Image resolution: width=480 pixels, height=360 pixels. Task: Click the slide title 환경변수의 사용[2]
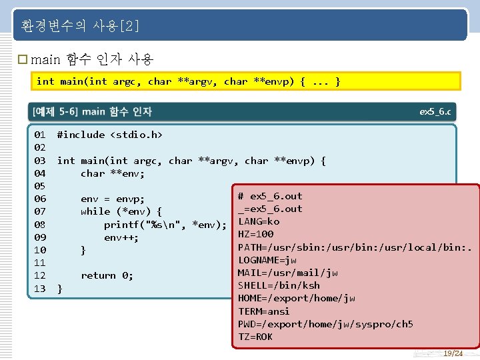pyautogui.click(x=80, y=27)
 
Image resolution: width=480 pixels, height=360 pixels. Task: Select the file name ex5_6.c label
pyautogui.click(x=435, y=111)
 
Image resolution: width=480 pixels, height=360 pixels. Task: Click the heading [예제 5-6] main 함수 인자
pyautogui.click(x=92, y=111)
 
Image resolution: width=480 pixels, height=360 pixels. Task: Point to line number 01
pyautogui.click(x=40, y=135)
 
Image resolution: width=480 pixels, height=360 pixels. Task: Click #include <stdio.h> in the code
pyautogui.click(x=110, y=135)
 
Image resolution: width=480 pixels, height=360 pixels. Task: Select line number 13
pyautogui.click(x=40, y=288)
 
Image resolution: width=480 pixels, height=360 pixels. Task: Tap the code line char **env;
pyautogui.click(x=113, y=173)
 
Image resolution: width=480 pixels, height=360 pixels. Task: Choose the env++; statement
pyautogui.click(x=121, y=237)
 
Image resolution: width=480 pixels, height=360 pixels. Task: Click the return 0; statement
pyautogui.click(x=107, y=275)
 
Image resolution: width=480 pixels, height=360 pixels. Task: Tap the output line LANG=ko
pyautogui.click(x=259, y=221)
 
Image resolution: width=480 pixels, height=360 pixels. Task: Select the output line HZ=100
pyautogui.click(x=256, y=234)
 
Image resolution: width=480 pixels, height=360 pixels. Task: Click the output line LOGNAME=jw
pyautogui.click(x=267, y=260)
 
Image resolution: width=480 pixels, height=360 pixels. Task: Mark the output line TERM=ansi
pyautogui.click(x=264, y=311)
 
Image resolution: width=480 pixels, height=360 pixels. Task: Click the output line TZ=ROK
pyautogui.click(x=255, y=337)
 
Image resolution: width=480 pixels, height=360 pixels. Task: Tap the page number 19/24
pyautogui.click(x=453, y=353)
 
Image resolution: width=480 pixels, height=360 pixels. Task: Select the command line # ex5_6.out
pyautogui.click(x=270, y=196)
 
